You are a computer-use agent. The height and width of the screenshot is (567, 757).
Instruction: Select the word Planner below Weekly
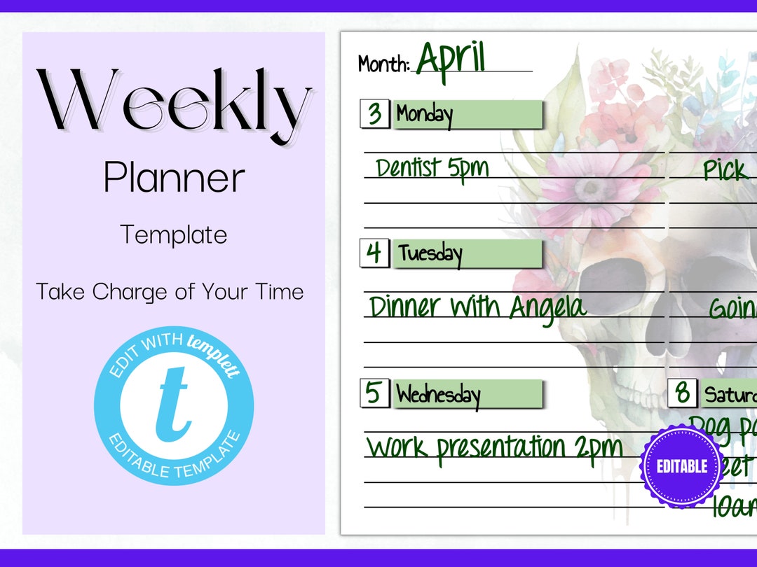[174, 178]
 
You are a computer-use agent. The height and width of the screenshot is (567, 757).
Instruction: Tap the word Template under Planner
[174, 234]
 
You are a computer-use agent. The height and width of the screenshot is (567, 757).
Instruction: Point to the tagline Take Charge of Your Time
[170, 290]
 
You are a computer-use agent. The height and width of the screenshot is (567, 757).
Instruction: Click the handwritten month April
[451, 59]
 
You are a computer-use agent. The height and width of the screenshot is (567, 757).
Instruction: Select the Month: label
[383, 64]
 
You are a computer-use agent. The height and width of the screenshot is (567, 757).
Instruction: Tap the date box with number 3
[375, 113]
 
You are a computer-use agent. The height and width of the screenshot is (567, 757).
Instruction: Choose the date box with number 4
[375, 253]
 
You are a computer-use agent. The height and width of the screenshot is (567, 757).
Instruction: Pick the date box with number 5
[375, 393]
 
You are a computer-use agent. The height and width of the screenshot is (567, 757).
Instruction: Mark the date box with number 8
[682, 393]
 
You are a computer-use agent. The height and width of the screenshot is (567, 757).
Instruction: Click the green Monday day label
[468, 114]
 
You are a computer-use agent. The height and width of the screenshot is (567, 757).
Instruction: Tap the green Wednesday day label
[468, 394]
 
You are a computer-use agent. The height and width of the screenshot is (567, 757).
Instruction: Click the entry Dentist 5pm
[432, 169]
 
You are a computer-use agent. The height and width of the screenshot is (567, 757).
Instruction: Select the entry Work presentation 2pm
[494, 447]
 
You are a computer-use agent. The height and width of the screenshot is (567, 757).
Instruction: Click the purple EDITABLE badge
[681, 465]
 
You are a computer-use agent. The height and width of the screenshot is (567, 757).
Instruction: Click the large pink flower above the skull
[591, 188]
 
